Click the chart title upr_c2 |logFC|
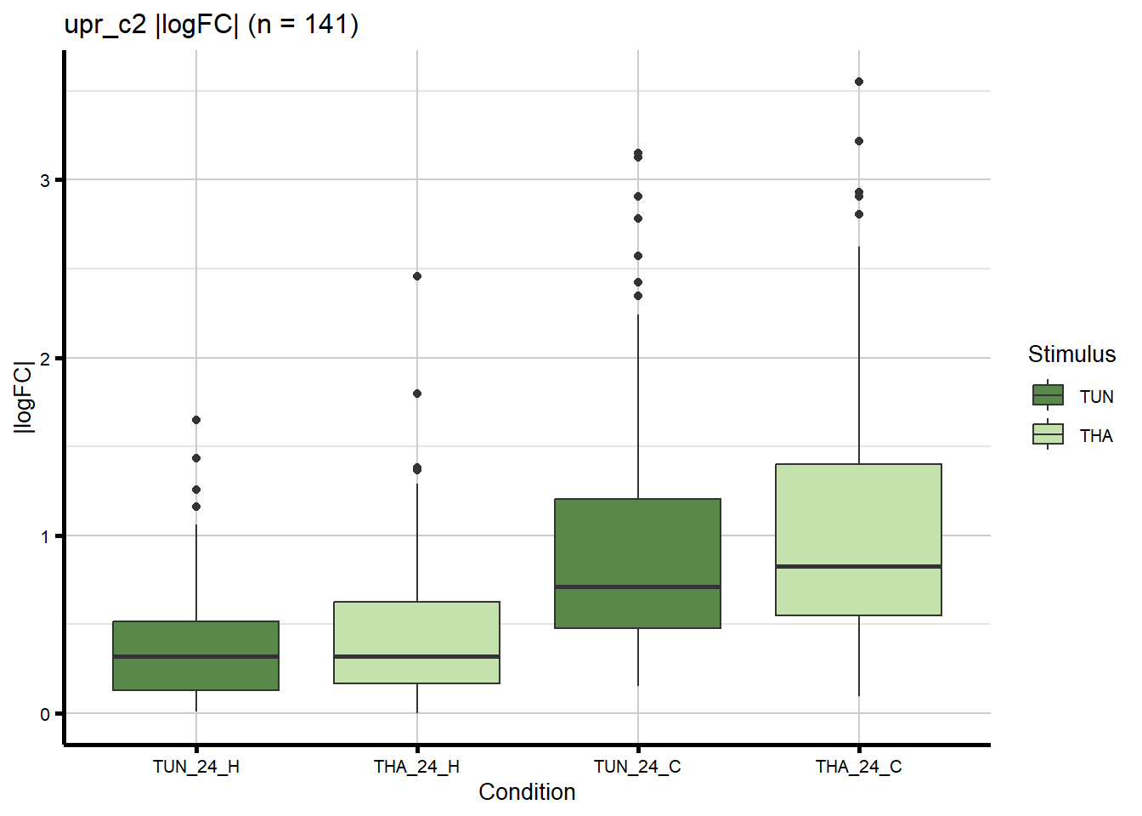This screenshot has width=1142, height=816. pos(212,25)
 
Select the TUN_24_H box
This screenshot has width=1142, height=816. pos(196,655)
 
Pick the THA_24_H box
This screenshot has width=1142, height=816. pos(416,642)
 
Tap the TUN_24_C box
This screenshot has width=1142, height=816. pos(637,563)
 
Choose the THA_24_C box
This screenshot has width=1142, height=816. pos(858,539)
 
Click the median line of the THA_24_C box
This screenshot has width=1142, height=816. pos(858,566)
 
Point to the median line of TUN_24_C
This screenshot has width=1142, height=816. pos(637,586)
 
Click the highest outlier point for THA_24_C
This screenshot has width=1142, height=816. pos(859,82)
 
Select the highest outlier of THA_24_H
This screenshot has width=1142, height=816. pos(417,276)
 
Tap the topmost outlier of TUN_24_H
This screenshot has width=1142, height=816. pos(196,420)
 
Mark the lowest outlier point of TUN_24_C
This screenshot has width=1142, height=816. pos(638,296)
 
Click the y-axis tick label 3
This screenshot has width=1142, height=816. pos(45,180)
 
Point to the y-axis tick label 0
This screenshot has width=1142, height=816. pos(45,714)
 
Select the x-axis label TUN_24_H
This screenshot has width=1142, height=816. pos(196,767)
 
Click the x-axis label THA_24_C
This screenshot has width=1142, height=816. pos(858,767)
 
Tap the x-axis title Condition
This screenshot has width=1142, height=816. pos(527,792)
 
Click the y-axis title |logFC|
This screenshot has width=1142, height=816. pos(24,397)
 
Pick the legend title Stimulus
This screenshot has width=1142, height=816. pos(1071,354)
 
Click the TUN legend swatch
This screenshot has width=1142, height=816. pos(1048,395)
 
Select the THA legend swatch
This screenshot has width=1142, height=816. pos(1048,434)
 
